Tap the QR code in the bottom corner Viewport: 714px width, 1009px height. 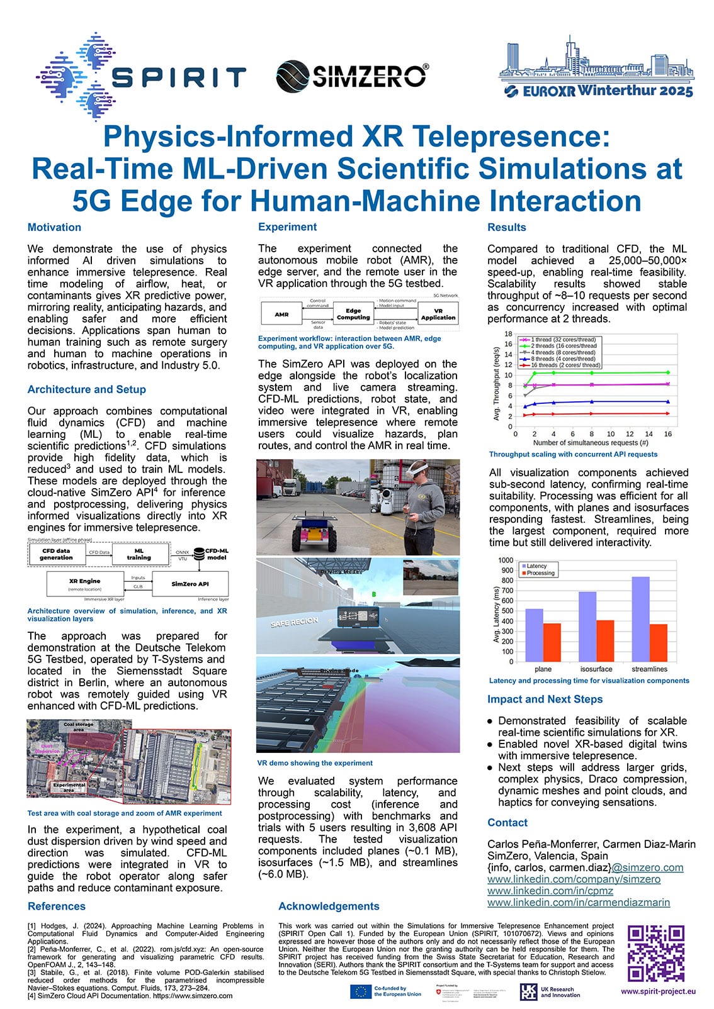coord(656,953)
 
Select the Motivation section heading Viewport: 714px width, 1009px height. coord(54,228)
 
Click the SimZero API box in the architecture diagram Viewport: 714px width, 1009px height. coord(190,584)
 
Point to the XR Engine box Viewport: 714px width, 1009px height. coord(84,584)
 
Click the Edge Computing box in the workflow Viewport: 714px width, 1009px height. coord(353,314)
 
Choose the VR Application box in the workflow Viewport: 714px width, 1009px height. coord(438,314)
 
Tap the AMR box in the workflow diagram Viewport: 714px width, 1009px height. coord(281,314)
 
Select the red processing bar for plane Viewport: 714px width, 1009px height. coord(552,642)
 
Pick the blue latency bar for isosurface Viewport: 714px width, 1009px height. coord(587,627)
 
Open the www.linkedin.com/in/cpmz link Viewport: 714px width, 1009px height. coord(550,891)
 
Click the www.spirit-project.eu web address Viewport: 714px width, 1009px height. coord(658,991)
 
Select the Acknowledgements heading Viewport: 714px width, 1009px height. coord(329,906)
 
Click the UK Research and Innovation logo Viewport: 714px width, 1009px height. coord(549,992)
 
